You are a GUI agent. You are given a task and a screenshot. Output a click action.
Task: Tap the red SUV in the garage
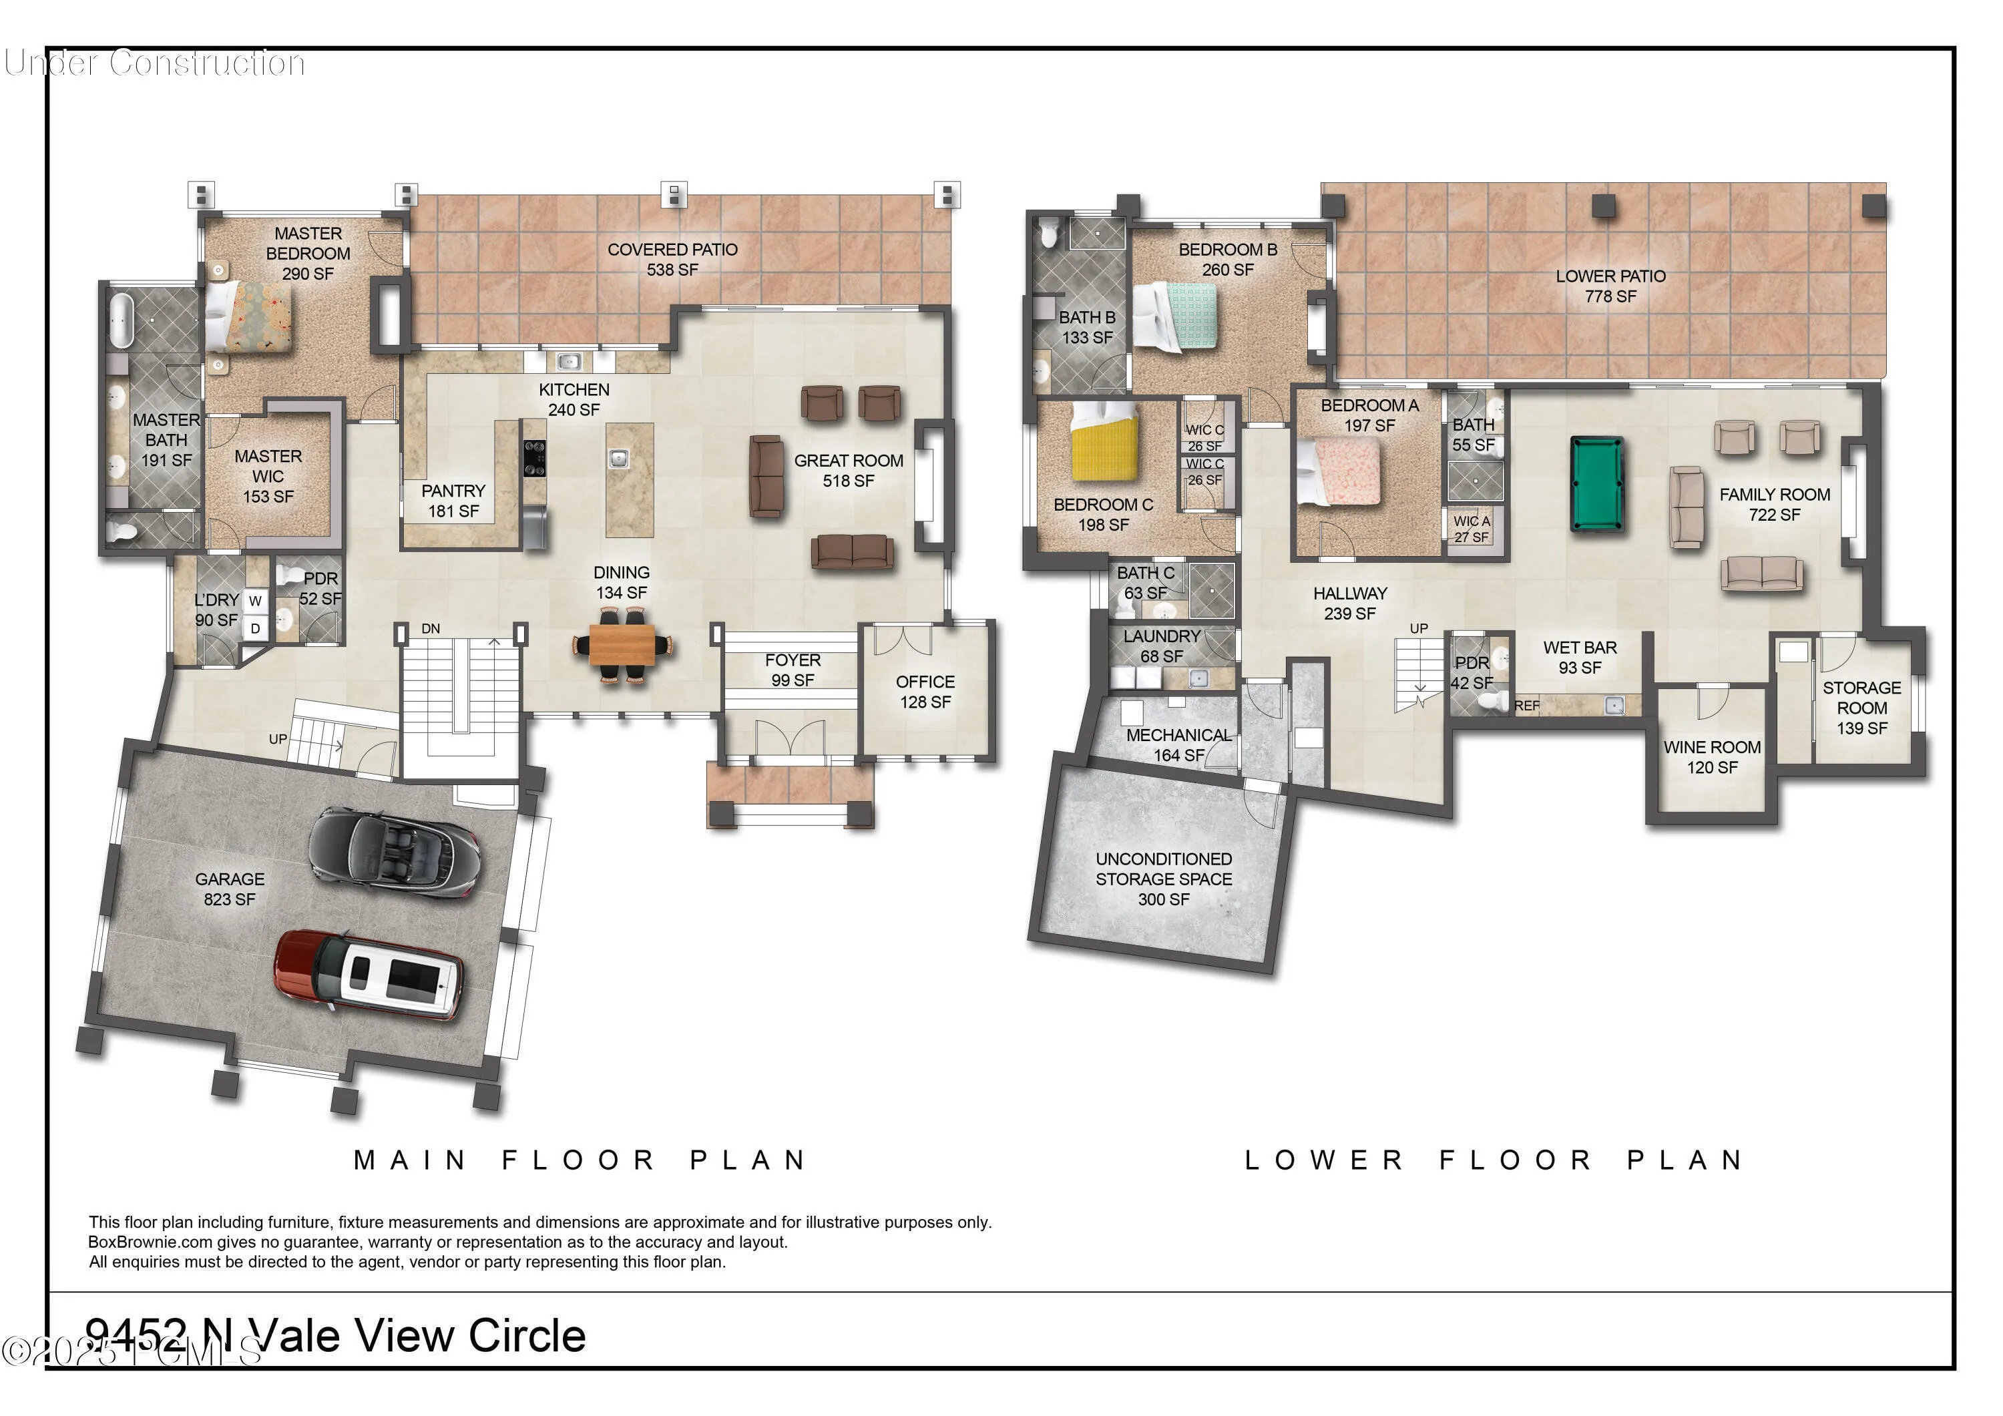[368, 975]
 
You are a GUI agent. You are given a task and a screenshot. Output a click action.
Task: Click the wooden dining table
[621, 646]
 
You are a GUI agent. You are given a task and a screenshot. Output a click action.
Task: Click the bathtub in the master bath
[120, 321]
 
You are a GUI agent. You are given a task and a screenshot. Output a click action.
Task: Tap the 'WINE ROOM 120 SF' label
[1712, 757]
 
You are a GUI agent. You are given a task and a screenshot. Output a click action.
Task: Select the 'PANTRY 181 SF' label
[453, 501]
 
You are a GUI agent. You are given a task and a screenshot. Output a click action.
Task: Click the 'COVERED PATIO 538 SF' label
[672, 259]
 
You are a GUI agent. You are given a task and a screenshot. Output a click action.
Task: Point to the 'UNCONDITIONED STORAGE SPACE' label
[1164, 869]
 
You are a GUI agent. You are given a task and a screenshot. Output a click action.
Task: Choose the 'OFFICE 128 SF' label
[925, 692]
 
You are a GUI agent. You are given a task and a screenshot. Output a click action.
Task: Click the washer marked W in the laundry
[255, 601]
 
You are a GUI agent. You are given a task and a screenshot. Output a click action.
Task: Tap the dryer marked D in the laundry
[255, 628]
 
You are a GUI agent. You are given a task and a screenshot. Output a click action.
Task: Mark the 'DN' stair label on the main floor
[431, 628]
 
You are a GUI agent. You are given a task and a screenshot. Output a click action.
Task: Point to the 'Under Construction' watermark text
[154, 63]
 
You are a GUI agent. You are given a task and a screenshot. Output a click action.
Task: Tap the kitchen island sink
[618, 457]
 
